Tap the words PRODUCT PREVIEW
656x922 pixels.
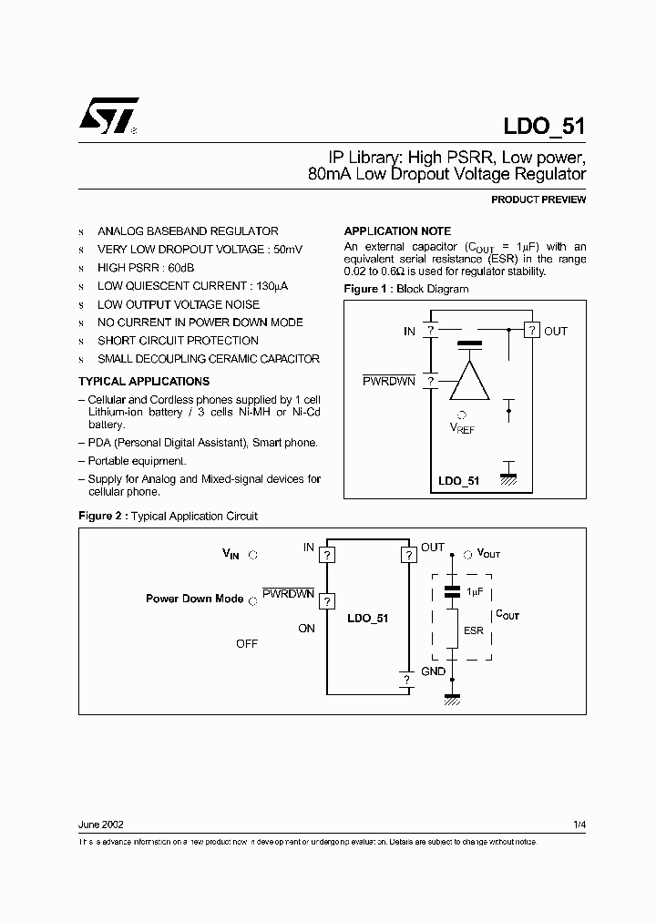pos(538,200)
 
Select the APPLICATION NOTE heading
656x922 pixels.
pos(396,231)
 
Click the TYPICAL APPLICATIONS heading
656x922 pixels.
pos(144,382)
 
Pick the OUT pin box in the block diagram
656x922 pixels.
pos(532,331)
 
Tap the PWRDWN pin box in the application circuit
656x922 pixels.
pos(327,600)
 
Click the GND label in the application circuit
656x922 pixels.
pos(433,671)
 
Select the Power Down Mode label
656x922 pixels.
pos(194,599)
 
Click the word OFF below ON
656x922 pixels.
pos(247,643)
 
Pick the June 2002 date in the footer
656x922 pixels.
pos(101,825)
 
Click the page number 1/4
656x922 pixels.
pos(579,825)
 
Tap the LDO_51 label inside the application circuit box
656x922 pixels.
pos(368,619)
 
